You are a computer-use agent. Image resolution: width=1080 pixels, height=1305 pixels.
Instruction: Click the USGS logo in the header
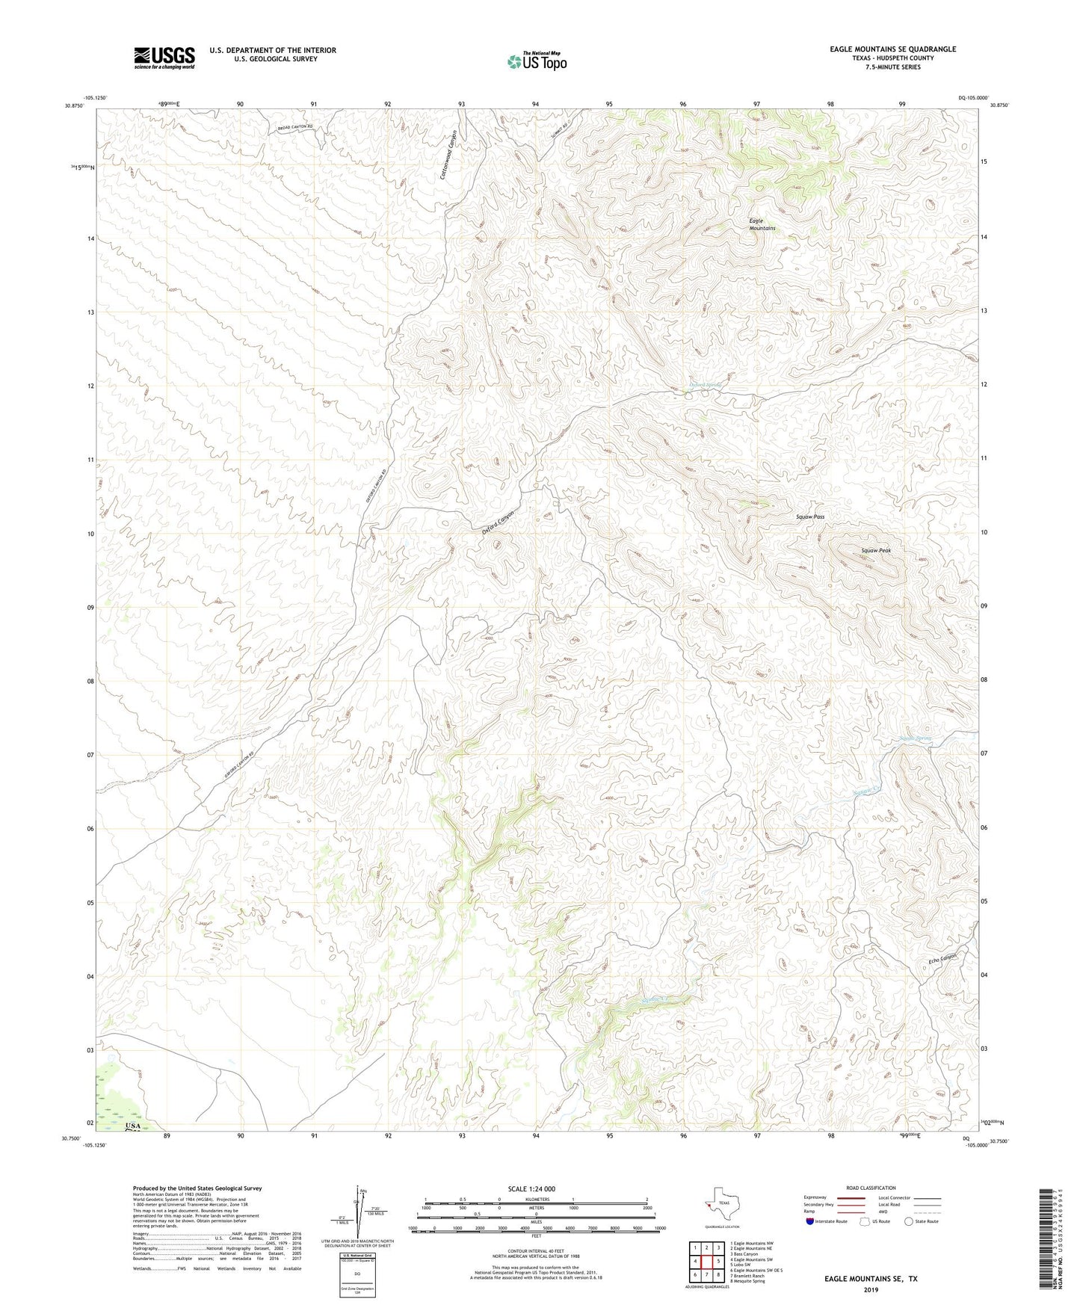pyautogui.click(x=164, y=58)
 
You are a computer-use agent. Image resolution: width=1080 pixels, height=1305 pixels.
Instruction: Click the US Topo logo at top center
pyautogui.click(x=537, y=61)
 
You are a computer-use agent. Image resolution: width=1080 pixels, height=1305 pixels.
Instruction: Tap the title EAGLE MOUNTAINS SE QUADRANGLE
pyautogui.click(x=892, y=49)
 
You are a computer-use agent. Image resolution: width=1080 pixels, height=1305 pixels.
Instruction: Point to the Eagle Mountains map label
pyautogui.click(x=762, y=224)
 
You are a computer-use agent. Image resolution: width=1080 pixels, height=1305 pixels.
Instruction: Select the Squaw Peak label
pyautogui.click(x=875, y=550)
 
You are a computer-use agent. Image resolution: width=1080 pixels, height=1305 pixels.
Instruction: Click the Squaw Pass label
pyautogui.click(x=810, y=516)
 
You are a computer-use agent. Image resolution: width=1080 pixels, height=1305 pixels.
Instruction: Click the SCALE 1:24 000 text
pyautogui.click(x=531, y=1188)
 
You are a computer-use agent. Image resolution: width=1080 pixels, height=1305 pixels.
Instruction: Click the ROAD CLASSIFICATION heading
pyautogui.click(x=871, y=1188)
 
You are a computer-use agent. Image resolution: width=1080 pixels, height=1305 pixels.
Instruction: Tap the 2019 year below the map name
pyautogui.click(x=870, y=1289)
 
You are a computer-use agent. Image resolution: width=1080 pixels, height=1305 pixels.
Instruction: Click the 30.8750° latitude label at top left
pyautogui.click(x=75, y=105)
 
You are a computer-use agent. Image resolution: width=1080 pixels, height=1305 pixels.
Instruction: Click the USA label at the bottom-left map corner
pyautogui.click(x=133, y=1126)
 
